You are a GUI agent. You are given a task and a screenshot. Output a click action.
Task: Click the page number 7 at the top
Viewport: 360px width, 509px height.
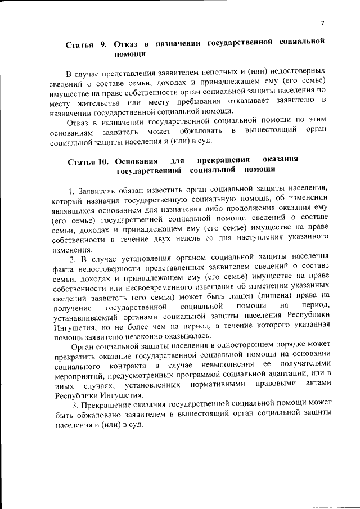click(x=322, y=22)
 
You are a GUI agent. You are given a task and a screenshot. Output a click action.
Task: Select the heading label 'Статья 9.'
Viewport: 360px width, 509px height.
click(x=85, y=44)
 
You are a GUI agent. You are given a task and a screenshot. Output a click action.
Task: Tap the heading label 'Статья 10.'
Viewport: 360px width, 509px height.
click(x=88, y=163)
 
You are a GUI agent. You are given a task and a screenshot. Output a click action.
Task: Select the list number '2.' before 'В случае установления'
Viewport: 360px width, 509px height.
click(x=73, y=259)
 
